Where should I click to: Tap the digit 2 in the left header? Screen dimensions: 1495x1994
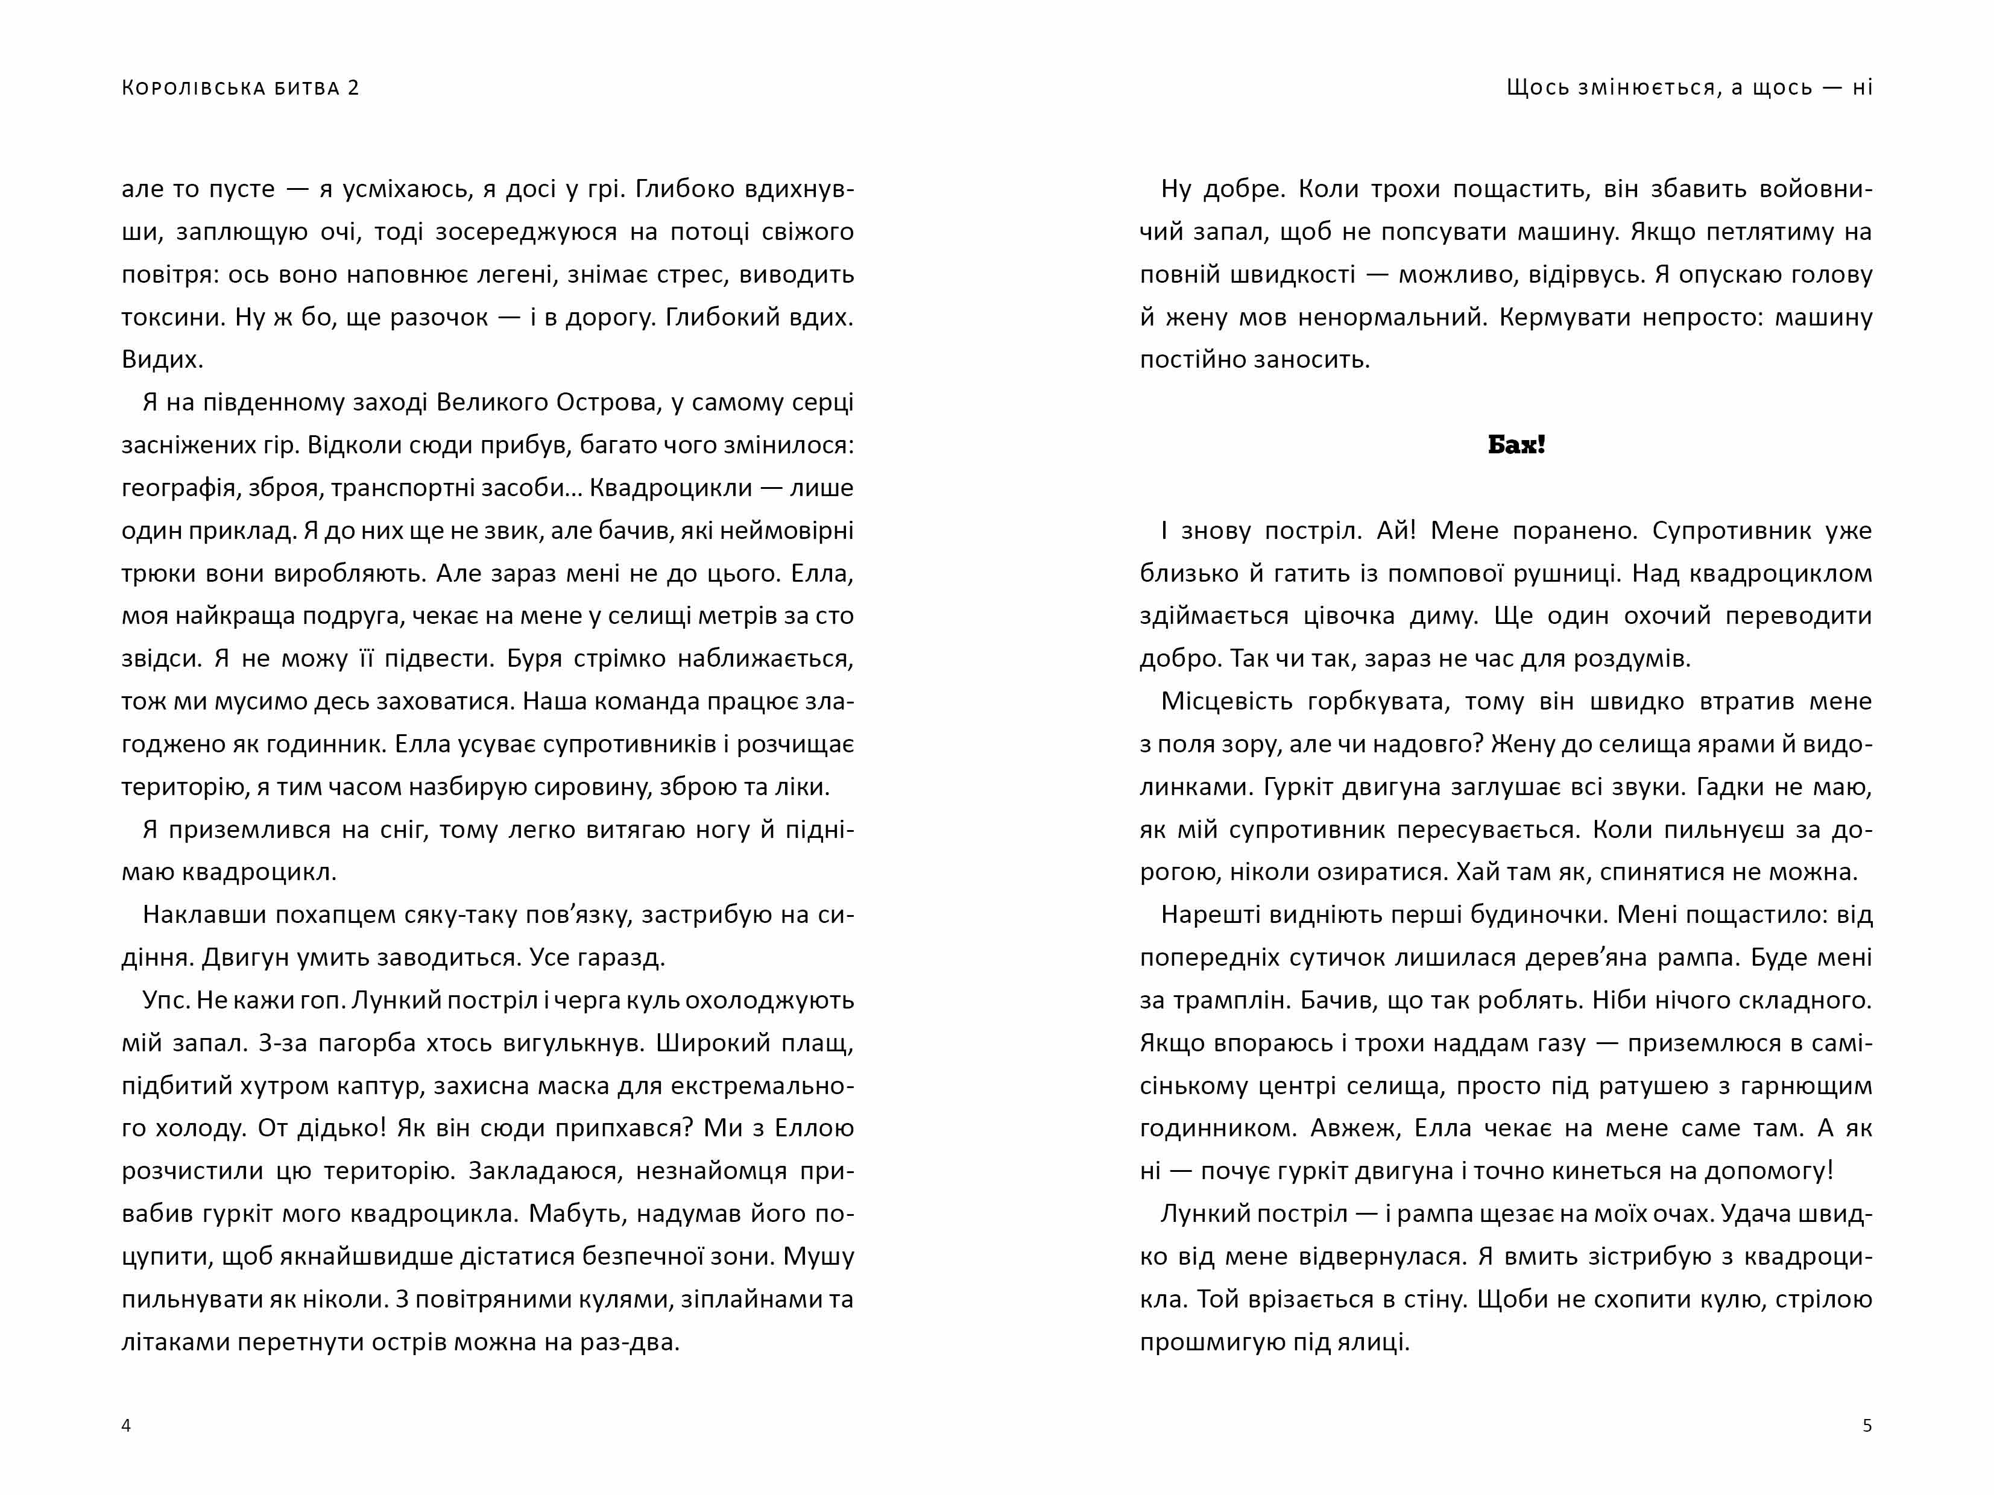click(x=353, y=87)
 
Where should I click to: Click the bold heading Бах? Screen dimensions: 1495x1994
click(x=1516, y=445)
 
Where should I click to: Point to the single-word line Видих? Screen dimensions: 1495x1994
click(x=162, y=359)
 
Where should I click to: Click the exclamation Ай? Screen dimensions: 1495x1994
click(x=1396, y=530)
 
